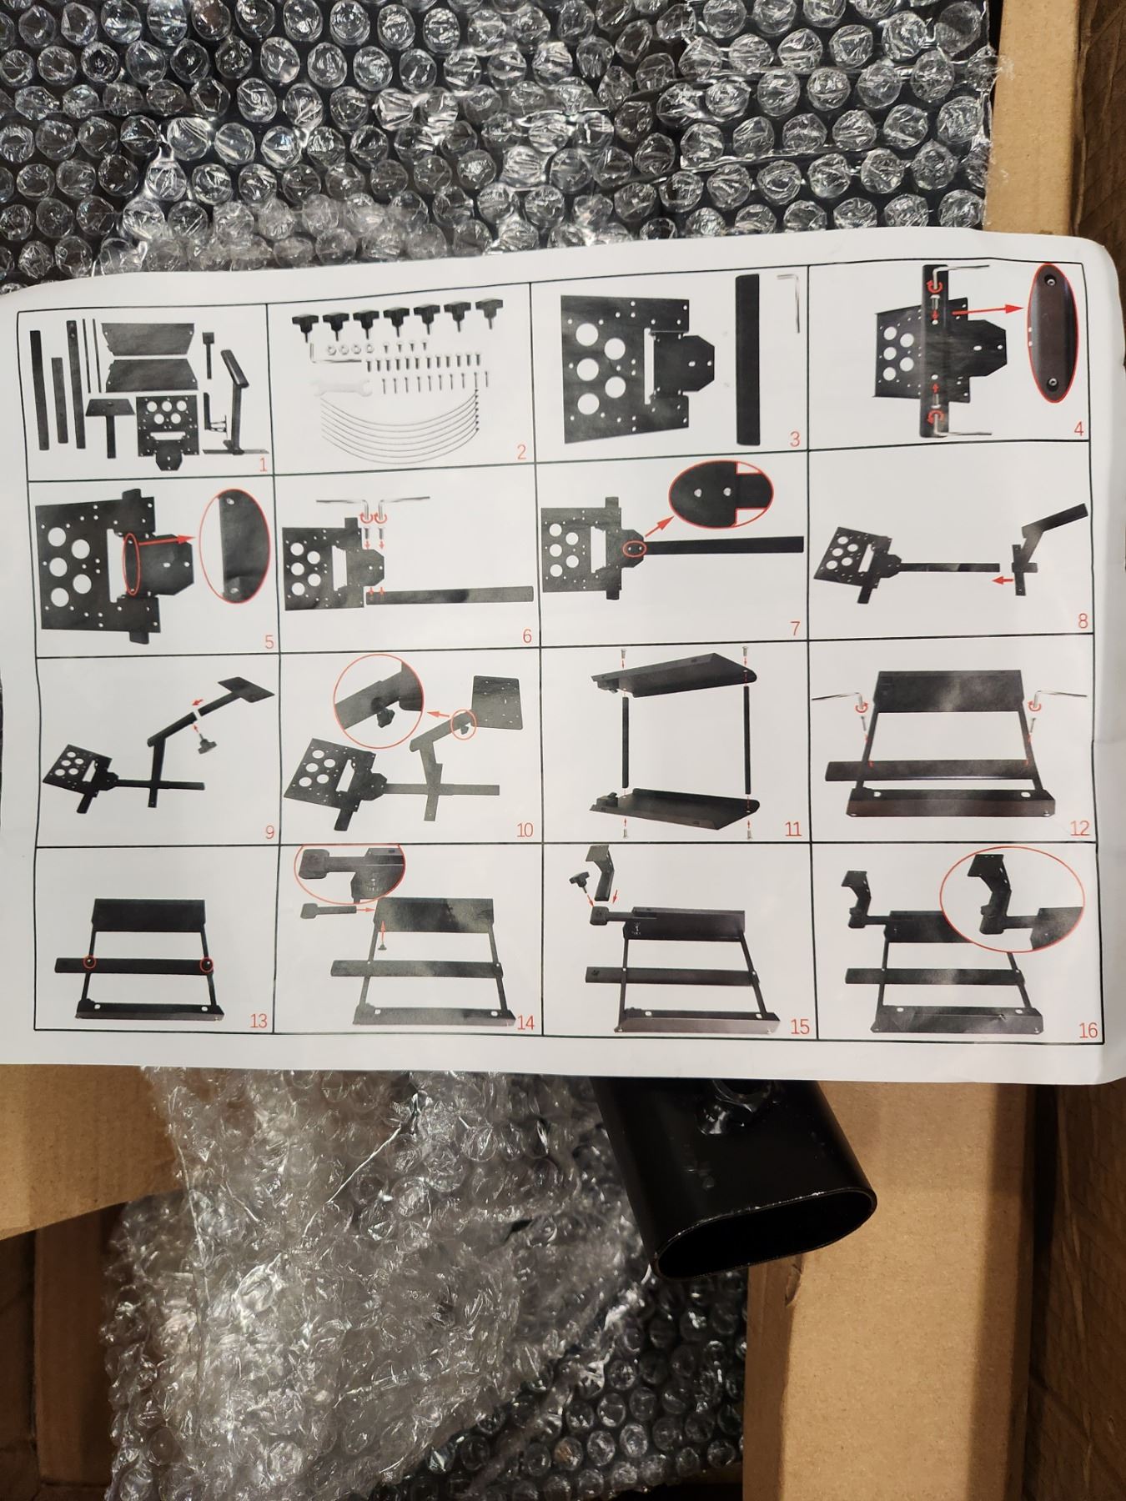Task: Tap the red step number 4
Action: [1078, 430]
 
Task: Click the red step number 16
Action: [1088, 1031]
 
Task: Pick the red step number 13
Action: [259, 1021]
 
